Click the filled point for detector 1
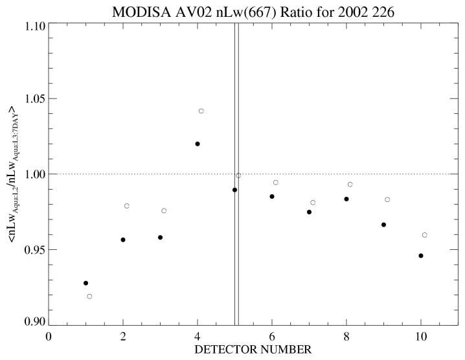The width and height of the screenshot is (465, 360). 85,283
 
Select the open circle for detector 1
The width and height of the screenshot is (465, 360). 89,297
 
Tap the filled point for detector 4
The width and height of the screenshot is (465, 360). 198,144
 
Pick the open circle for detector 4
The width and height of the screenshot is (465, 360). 201,111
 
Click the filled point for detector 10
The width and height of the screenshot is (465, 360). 421,256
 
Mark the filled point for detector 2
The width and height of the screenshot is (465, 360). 123,240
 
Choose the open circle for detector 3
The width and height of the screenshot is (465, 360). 164,211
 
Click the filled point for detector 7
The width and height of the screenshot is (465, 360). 309,212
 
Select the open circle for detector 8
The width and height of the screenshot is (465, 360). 350,185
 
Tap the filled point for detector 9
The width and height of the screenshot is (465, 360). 383,225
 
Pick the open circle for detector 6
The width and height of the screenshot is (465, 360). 276,183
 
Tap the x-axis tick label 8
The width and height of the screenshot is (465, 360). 346,335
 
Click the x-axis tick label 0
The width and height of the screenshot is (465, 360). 49,335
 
